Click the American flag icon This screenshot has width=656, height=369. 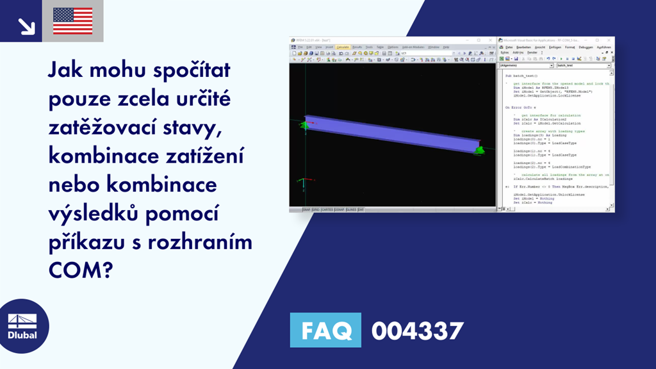[72, 21]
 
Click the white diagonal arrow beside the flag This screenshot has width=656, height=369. [26, 26]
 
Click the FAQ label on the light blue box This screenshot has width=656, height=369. [325, 331]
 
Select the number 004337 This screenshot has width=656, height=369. [417, 331]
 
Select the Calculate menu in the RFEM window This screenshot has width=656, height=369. [343, 47]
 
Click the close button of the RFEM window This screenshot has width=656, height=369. [492, 40]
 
